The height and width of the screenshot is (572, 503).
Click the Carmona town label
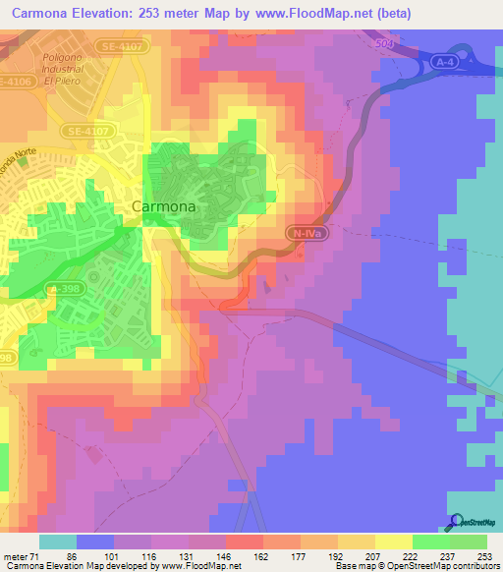(x=164, y=207)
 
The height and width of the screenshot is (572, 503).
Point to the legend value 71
(x=36, y=555)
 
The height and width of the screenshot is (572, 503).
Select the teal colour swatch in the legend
(x=57, y=542)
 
